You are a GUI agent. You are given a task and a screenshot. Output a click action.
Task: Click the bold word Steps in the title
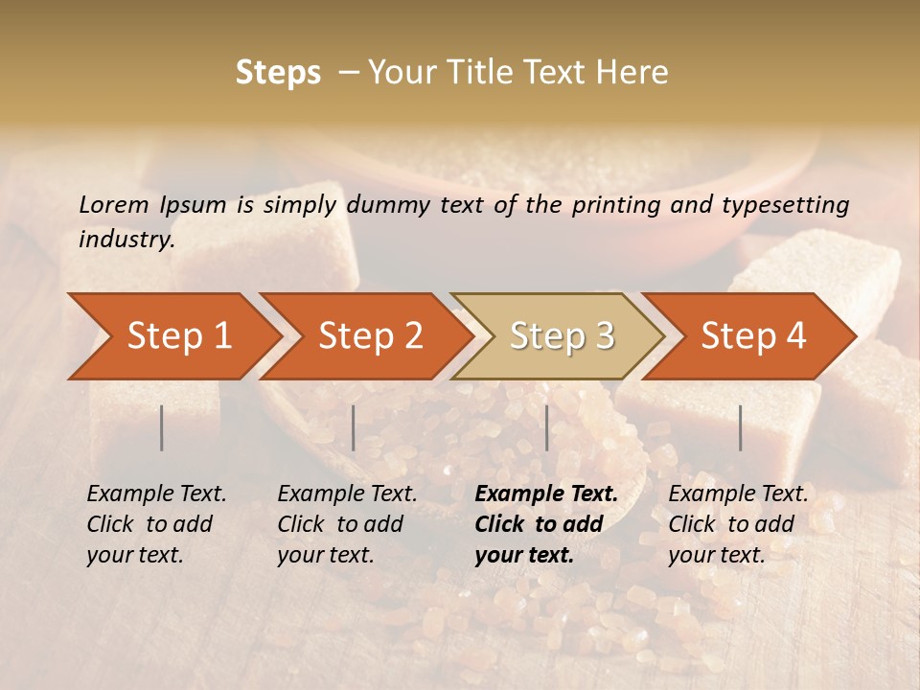tap(278, 73)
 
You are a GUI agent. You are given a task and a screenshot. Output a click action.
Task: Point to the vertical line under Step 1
tap(162, 427)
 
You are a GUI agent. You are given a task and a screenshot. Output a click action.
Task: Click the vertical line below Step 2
tap(354, 427)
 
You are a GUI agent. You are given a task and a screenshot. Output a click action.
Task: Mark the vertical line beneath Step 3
tap(547, 427)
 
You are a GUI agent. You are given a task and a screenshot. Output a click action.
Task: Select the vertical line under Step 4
tap(741, 427)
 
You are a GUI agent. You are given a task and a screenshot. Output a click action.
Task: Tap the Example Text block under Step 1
tap(156, 523)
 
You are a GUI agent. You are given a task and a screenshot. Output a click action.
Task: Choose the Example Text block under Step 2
tap(347, 523)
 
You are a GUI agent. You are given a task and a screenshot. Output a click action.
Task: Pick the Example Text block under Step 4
tap(738, 523)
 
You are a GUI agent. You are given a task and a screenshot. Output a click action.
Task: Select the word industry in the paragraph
tap(126, 240)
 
